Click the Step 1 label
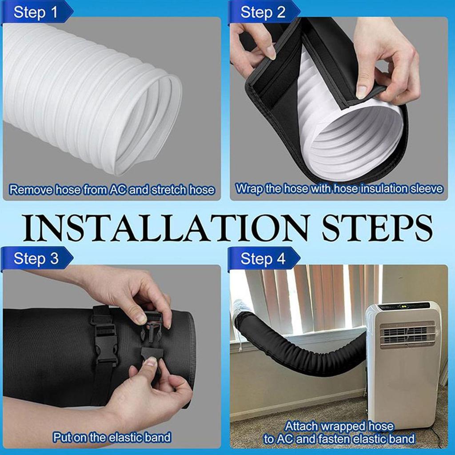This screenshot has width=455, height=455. pos(36,12)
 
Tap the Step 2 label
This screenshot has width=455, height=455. pos(263,12)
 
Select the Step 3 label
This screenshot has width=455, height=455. pos(36,258)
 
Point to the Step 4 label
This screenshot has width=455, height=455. pos(263,258)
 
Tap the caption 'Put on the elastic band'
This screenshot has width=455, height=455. pos(112,437)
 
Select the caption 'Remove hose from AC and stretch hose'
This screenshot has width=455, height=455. pos(112,190)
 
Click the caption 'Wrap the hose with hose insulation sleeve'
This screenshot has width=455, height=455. pos(339,189)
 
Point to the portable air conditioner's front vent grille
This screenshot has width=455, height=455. pos(407,334)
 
